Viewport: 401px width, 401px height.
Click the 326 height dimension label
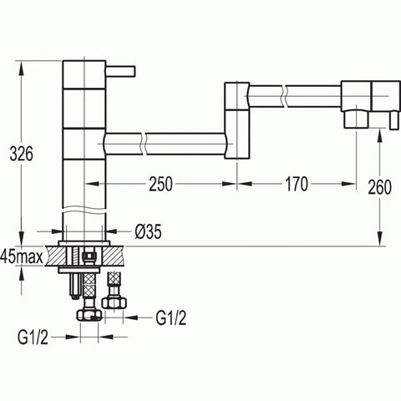click(21, 154)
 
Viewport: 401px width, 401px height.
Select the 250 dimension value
click(160, 184)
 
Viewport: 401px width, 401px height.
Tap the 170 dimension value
click(297, 184)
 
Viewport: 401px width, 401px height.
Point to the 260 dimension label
click(379, 187)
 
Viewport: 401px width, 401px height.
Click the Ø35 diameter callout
click(148, 231)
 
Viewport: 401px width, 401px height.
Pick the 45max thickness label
click(22, 257)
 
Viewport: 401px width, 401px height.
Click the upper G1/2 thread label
click(171, 317)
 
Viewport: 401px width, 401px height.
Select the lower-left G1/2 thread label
click(33, 338)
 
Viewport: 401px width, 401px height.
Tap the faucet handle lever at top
click(120, 71)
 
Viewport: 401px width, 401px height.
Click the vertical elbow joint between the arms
click(237, 120)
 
